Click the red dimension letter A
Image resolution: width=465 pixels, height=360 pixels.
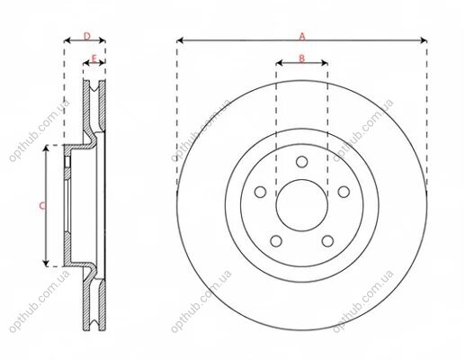coord(302,36)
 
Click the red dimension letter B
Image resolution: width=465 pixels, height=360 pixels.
coord(302,58)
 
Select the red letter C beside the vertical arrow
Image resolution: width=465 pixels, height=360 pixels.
coord(42,206)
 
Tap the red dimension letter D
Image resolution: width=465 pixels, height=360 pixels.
coord(86,37)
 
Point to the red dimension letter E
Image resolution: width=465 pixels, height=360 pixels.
coord(94,58)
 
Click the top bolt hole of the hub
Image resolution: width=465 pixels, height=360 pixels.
coord(302,162)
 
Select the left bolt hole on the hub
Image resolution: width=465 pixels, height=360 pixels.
coord(260,192)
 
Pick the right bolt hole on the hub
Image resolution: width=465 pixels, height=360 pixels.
coord(344,192)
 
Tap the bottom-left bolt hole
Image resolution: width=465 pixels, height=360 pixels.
coord(276,241)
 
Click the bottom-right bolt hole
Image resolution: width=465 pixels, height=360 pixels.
coord(327,241)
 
